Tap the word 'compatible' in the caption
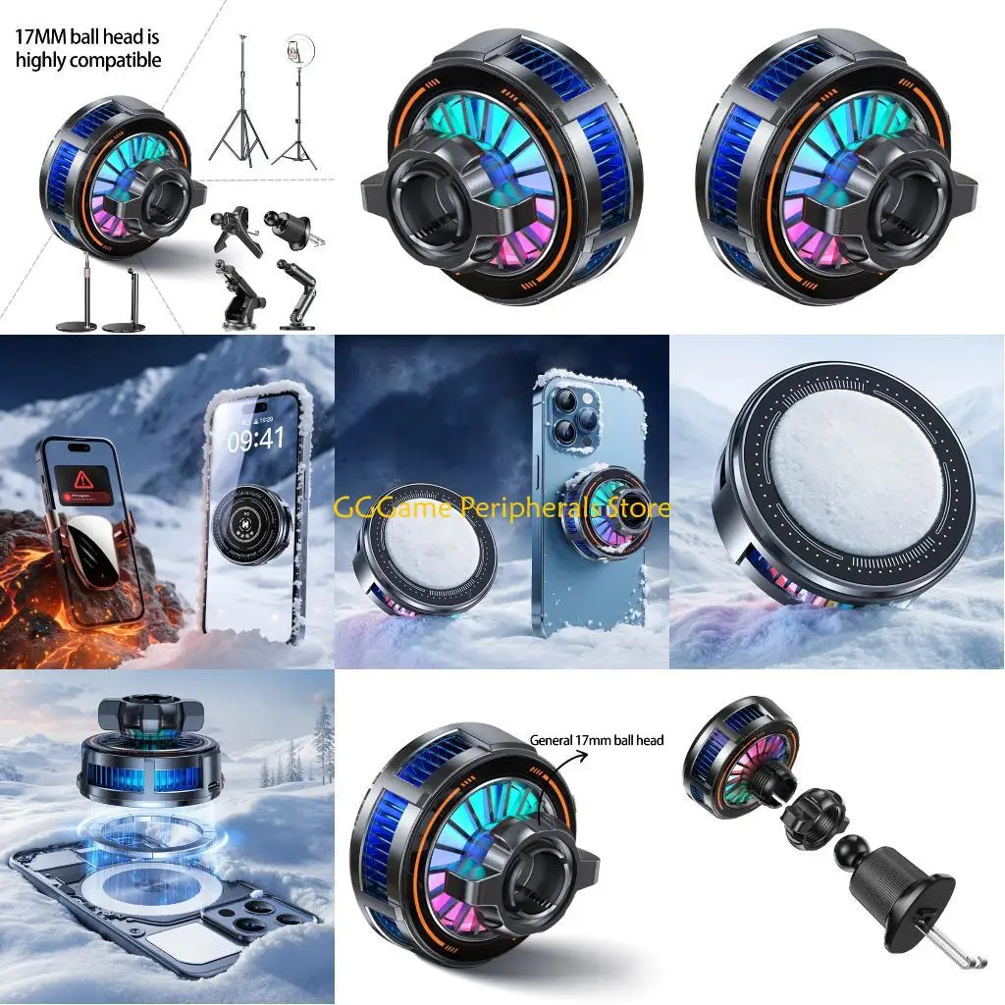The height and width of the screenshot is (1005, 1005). coord(121,60)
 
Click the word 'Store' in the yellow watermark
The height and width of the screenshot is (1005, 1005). coord(636,507)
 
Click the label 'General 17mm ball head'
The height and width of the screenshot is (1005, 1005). coord(597,740)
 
